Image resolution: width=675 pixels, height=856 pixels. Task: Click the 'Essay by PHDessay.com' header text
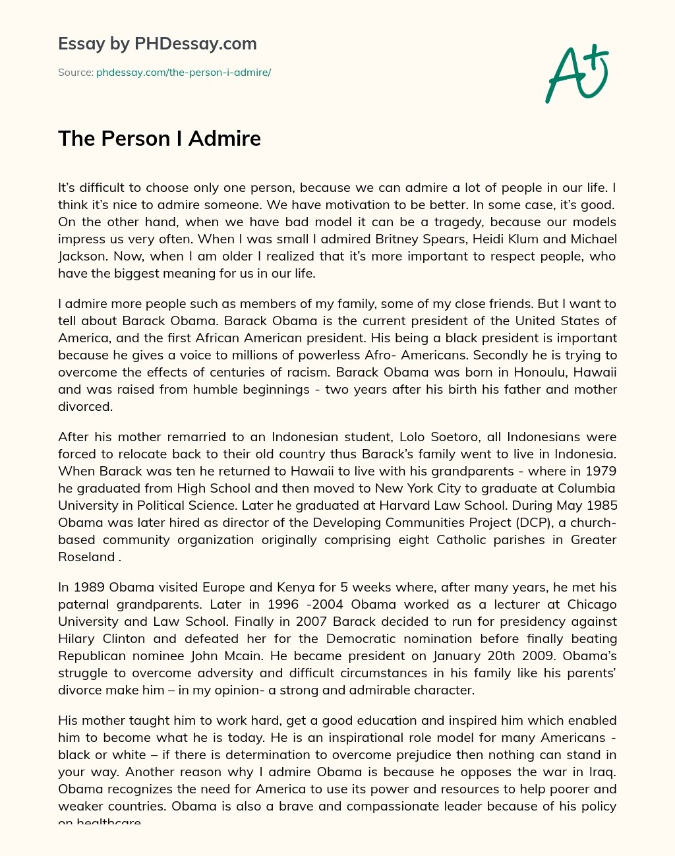coord(157,44)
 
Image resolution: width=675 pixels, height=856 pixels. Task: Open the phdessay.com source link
coord(183,73)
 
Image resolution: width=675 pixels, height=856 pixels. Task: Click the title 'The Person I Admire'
coord(160,138)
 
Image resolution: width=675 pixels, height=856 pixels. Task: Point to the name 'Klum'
coord(514,239)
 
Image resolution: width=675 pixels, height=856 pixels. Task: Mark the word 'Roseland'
coord(86,557)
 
